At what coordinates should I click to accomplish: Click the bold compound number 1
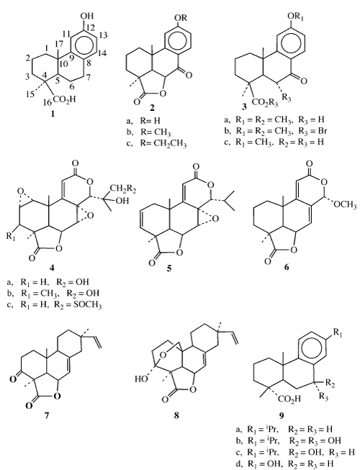pyautogui.click(x=53, y=114)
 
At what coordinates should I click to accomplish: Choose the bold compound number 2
pyautogui.click(x=153, y=108)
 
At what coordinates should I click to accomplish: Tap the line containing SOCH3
pyautogui.click(x=55, y=305)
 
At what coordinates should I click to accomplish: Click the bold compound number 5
pyautogui.click(x=170, y=268)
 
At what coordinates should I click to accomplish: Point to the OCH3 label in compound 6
pyautogui.click(x=346, y=205)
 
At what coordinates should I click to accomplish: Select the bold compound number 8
pyautogui.click(x=176, y=415)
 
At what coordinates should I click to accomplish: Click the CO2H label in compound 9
pyautogui.click(x=289, y=399)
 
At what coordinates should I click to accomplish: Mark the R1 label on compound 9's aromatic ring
pyautogui.click(x=338, y=333)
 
